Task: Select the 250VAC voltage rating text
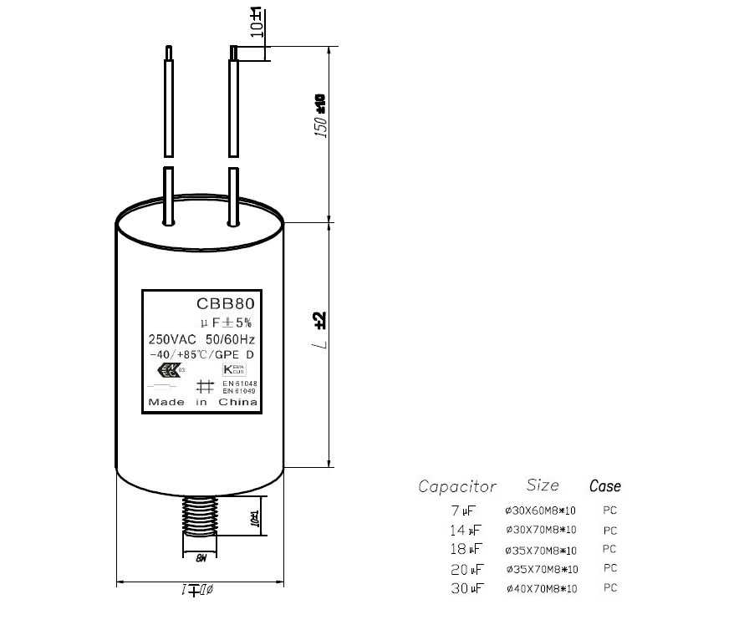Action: click(171, 339)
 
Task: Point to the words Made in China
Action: click(202, 403)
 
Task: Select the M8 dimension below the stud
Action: click(201, 558)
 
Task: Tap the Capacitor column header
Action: click(457, 486)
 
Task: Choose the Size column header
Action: click(543, 485)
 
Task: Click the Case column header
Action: click(605, 485)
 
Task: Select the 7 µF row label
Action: click(462, 510)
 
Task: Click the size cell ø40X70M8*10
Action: click(542, 589)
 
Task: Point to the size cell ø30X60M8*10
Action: click(541, 510)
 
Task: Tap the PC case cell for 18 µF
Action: click(609, 550)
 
